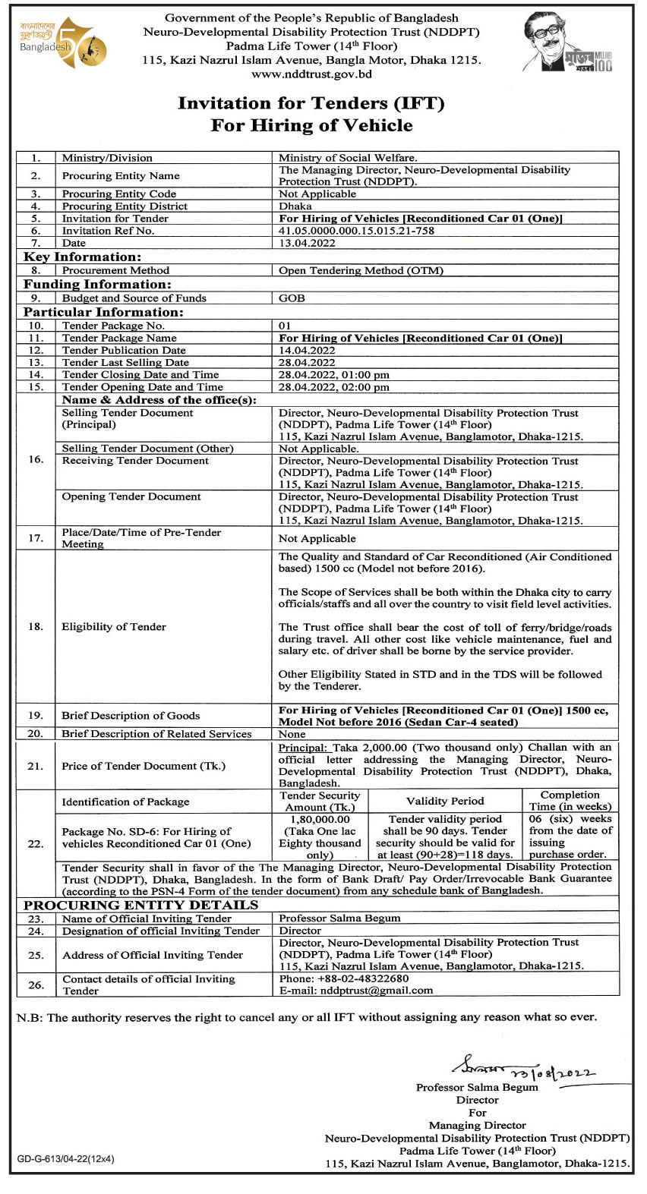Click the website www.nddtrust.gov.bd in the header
[311, 74]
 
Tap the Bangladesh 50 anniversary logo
[63, 44]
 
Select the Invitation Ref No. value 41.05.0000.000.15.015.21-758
[356, 231]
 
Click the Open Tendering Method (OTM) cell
[361, 270]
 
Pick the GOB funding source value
[292, 298]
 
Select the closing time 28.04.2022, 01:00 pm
[333, 375]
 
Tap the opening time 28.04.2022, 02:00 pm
[333, 387]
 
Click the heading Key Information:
[82, 257]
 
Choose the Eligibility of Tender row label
[114, 627]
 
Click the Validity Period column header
[445, 801]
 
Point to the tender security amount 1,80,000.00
[320, 820]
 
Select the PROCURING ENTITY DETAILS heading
[140, 905]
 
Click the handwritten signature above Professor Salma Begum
[524, 1070]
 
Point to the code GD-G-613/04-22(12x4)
[66, 1159]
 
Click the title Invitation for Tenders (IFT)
[311, 103]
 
